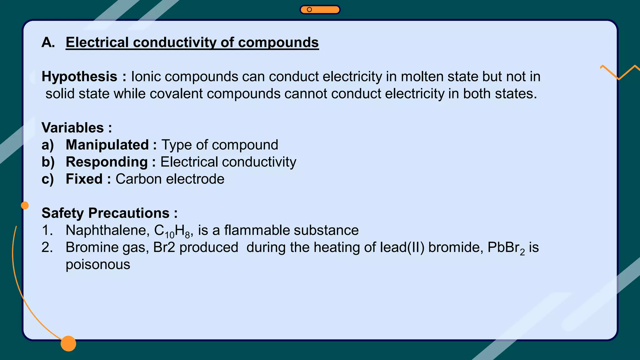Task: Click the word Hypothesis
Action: point(79,77)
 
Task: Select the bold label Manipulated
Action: point(107,145)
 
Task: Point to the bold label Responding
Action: point(107,162)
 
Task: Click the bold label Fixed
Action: point(84,179)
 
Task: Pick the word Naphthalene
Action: point(106,230)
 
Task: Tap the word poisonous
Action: point(98,265)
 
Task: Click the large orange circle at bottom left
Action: point(68,343)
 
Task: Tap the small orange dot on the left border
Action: point(25,205)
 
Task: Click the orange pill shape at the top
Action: point(320,10)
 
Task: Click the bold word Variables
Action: point(72,128)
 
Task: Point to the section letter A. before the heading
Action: point(48,42)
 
